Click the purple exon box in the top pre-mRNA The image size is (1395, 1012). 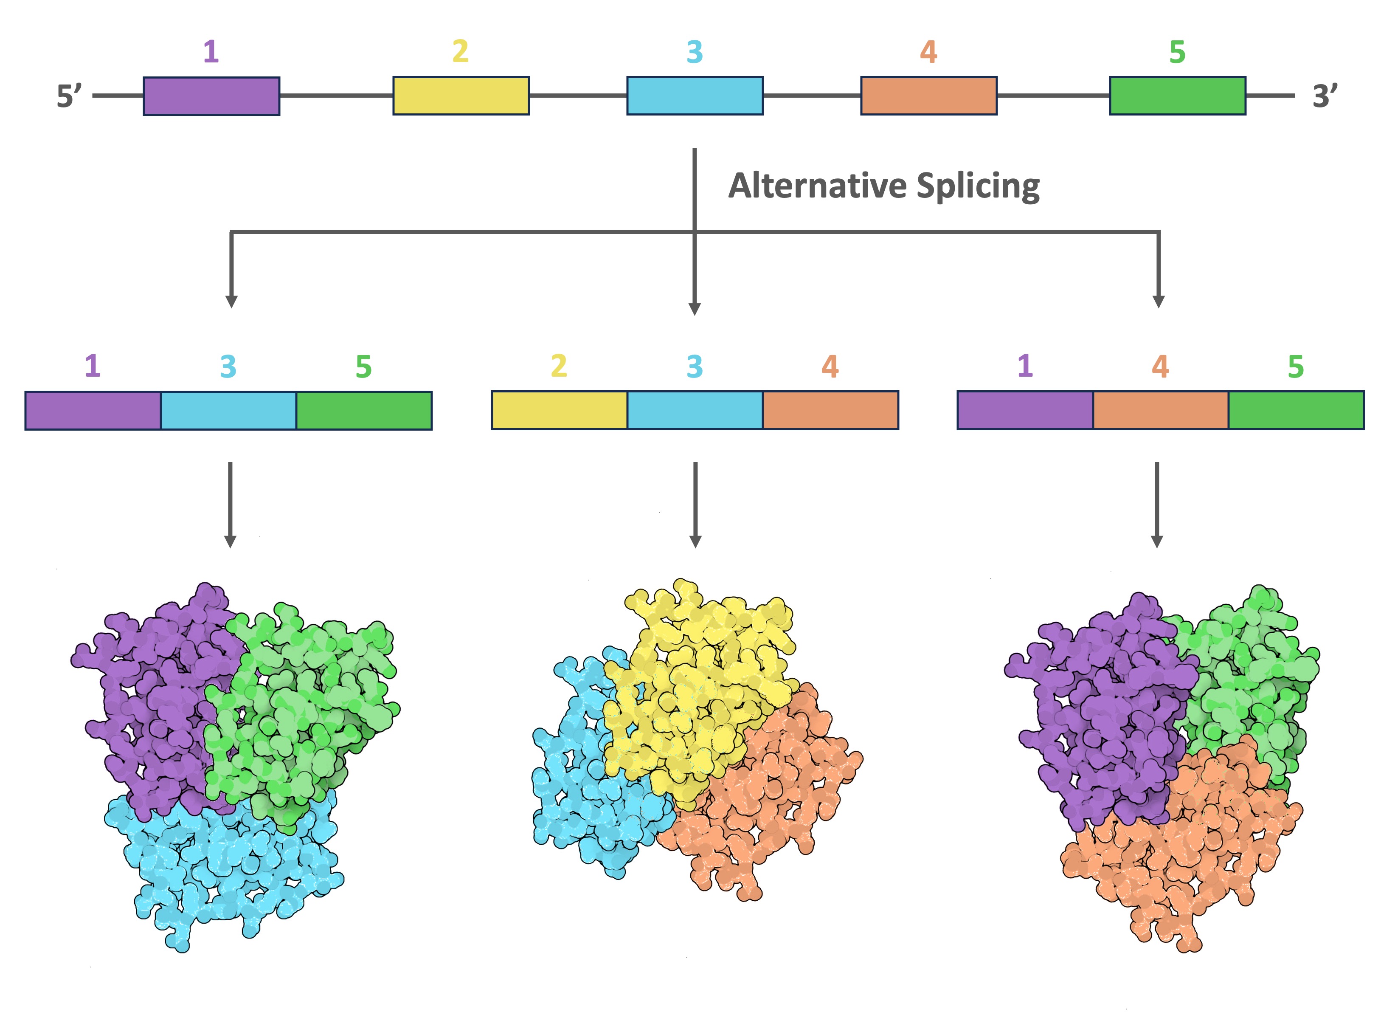[211, 96]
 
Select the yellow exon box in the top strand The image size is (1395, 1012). [461, 96]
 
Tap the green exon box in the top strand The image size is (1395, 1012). [1177, 96]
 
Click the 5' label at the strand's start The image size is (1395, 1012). [68, 96]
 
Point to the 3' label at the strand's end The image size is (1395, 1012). [1324, 96]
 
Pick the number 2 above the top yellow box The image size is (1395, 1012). [460, 52]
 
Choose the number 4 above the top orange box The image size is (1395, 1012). [928, 52]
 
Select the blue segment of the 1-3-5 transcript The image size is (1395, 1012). [228, 410]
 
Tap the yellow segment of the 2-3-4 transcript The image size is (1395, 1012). [559, 410]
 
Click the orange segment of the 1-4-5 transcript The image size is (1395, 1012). [1160, 410]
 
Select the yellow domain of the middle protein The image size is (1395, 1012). [695, 689]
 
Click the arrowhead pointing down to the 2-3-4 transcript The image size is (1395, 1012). [695, 308]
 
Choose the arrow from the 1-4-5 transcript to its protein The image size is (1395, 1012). [1156, 505]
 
